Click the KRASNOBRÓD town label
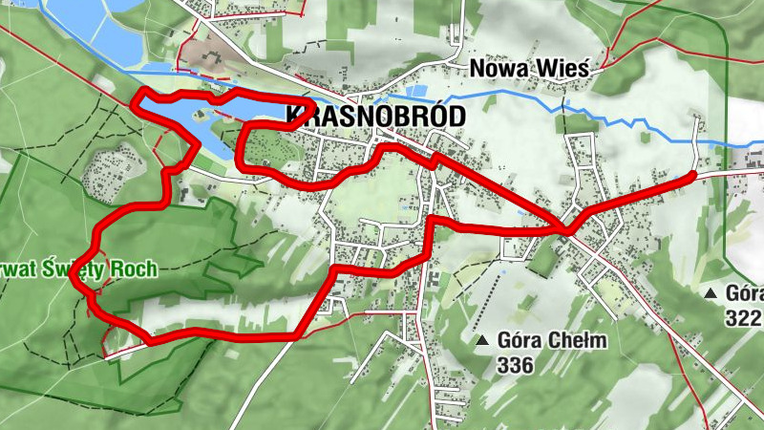(x=375, y=117)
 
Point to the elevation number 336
(x=514, y=364)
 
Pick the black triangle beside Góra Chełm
(x=483, y=340)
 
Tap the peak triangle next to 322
(x=710, y=292)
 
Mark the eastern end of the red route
(x=692, y=175)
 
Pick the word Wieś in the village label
(x=566, y=69)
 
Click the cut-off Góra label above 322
(x=744, y=293)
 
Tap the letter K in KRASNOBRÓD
(x=292, y=117)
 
